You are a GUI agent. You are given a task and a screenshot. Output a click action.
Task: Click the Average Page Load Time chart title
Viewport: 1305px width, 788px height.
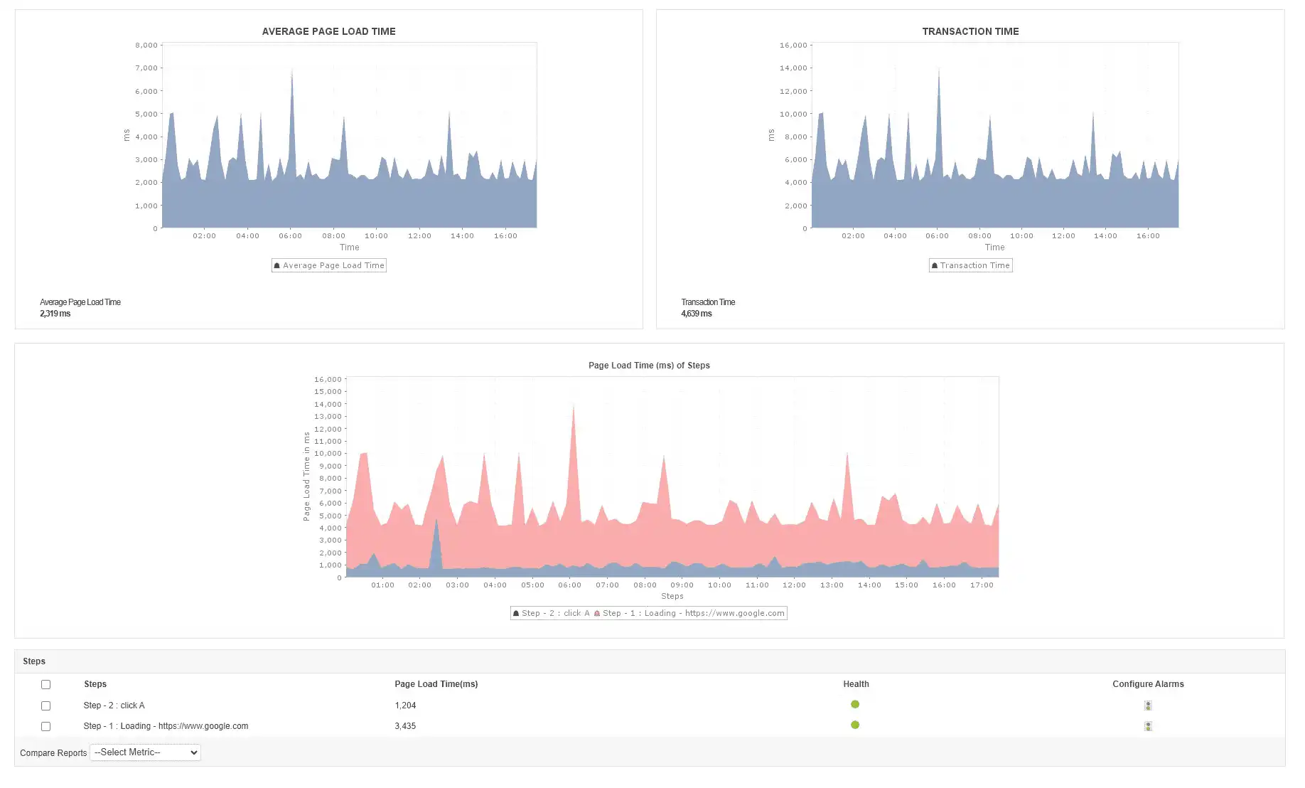(328, 31)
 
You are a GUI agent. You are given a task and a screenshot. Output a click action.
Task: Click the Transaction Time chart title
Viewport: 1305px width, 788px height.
(970, 31)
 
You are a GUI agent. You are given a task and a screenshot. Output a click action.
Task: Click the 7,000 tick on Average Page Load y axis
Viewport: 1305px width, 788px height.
(146, 68)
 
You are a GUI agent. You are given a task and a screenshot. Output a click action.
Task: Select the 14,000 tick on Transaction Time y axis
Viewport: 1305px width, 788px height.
(793, 68)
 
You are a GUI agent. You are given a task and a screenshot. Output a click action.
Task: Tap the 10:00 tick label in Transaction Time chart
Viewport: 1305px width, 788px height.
(1021, 236)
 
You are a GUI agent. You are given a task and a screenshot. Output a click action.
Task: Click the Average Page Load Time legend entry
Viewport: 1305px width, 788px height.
(329, 265)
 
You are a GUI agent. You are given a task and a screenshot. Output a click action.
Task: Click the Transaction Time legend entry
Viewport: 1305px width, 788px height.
(971, 265)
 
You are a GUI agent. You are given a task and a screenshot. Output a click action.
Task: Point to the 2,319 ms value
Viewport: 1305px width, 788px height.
(55, 314)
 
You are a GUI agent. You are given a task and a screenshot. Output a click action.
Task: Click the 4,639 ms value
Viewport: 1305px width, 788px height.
(697, 314)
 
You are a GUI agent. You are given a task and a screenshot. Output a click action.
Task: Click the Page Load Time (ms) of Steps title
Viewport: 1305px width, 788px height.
(649, 366)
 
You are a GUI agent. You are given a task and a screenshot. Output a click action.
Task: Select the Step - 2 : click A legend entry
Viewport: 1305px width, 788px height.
(551, 613)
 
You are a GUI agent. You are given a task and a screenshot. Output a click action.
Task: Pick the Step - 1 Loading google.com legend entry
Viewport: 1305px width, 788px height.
(689, 613)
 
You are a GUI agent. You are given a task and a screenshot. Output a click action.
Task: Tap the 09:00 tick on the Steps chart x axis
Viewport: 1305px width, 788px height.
(682, 585)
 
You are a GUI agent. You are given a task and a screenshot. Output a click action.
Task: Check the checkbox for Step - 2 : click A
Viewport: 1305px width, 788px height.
(45, 706)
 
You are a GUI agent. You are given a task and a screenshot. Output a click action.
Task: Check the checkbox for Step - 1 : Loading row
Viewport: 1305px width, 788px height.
(45, 726)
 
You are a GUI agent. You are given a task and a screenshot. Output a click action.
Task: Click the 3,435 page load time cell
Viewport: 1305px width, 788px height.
(405, 726)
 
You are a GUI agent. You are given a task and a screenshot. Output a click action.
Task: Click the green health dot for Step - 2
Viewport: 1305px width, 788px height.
(855, 704)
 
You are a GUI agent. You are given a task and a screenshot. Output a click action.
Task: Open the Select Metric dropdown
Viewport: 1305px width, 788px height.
(145, 752)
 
